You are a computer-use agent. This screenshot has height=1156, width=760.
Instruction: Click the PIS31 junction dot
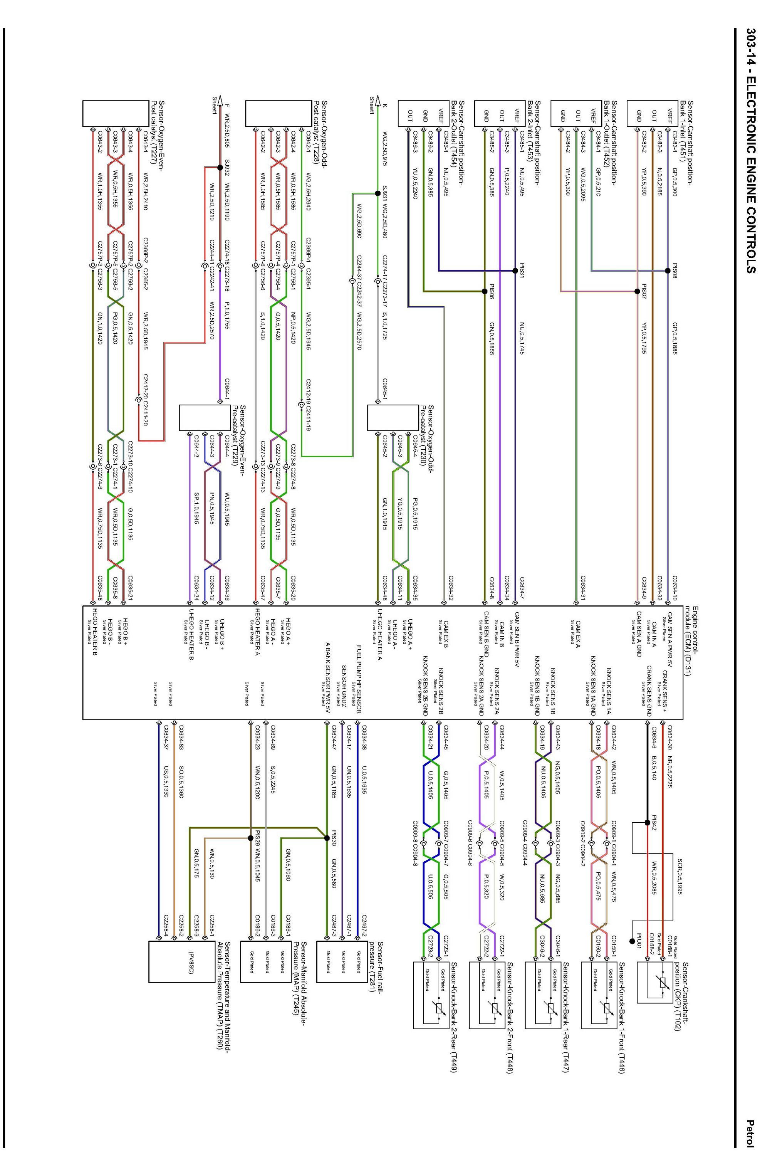(515, 271)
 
